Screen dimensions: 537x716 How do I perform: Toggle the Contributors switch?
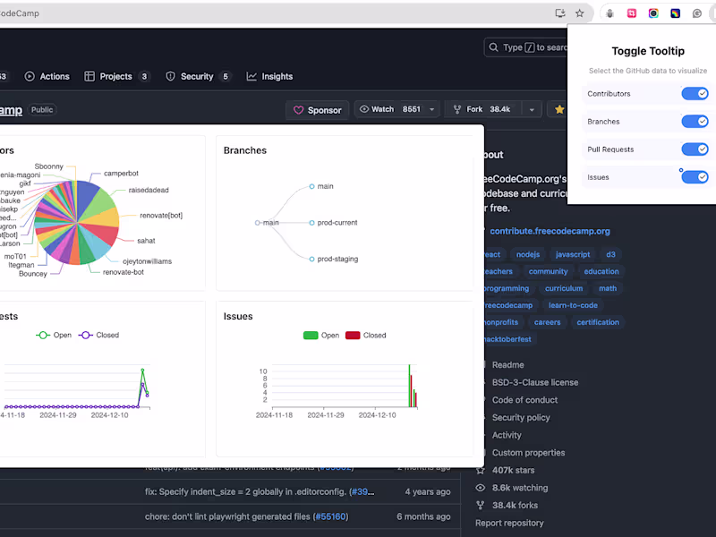(x=695, y=94)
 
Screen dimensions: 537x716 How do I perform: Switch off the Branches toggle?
(x=695, y=122)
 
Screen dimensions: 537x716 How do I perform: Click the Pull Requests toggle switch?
(x=695, y=149)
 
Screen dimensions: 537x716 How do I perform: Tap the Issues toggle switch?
(x=695, y=177)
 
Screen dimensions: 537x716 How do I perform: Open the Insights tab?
(x=269, y=77)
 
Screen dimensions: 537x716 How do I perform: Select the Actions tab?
(x=47, y=77)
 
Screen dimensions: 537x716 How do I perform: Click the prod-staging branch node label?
(x=337, y=259)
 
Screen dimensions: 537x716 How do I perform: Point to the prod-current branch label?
(x=337, y=222)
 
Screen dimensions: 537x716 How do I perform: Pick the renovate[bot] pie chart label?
(x=161, y=216)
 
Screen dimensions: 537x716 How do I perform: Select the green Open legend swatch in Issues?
(x=311, y=336)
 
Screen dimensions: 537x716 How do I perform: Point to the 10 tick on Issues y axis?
(x=263, y=371)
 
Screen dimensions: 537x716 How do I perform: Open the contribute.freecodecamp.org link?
(x=550, y=231)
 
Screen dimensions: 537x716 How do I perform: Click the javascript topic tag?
(x=573, y=254)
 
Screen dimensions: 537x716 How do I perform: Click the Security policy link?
(x=521, y=418)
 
